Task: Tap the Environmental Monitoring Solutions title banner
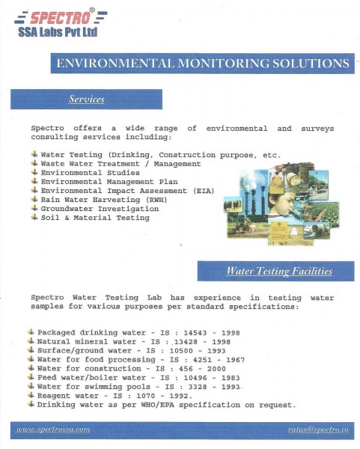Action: click(x=202, y=63)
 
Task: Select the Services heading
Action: click(x=86, y=99)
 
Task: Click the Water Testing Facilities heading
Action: click(x=279, y=271)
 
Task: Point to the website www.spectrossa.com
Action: click(x=53, y=430)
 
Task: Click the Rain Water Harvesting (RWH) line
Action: click(x=104, y=199)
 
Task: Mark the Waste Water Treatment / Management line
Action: click(x=120, y=163)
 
